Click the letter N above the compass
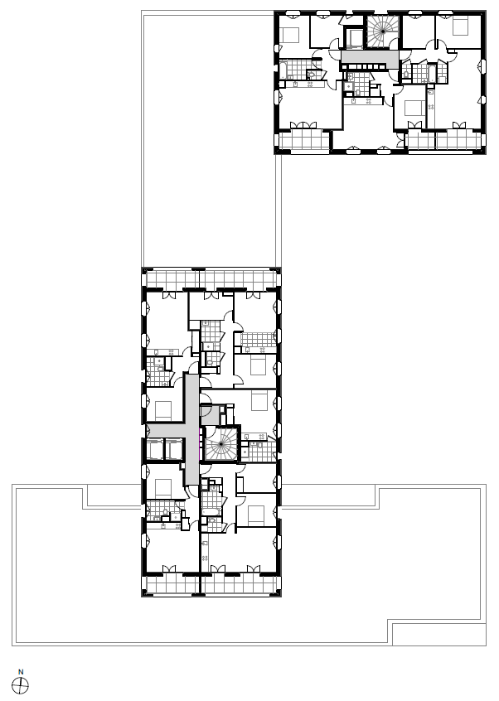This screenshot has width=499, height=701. coord(21,671)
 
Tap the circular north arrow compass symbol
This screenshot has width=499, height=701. coord(21,684)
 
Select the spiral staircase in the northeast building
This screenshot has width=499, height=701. coord(383,31)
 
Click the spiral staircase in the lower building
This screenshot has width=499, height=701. coord(220,444)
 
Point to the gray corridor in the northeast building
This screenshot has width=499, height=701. coord(370,57)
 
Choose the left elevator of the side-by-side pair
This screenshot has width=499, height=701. coord(155,449)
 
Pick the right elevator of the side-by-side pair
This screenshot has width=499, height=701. coord(174,449)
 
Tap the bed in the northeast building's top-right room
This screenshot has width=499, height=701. coord(460,27)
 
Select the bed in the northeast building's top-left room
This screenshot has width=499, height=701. coord(291,35)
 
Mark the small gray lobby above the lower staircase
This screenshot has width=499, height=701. coord(210,415)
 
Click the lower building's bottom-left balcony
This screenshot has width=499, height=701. coord(171,584)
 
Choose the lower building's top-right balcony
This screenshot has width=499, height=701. coord(240,280)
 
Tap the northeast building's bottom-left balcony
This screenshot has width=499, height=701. coord(303,141)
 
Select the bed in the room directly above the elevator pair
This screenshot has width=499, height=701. coord(162,409)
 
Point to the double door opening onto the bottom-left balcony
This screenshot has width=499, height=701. coord(169,568)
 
